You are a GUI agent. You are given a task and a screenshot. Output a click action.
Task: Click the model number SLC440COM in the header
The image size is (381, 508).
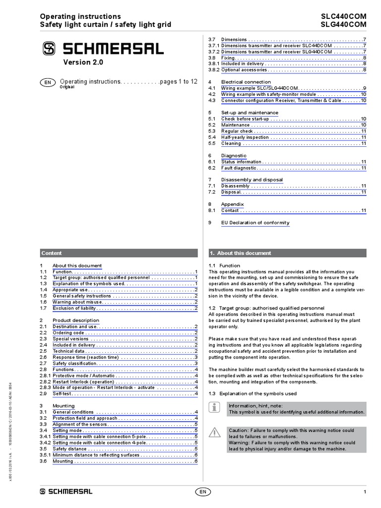click(x=344, y=16)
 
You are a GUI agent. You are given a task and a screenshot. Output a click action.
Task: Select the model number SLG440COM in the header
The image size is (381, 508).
click(x=344, y=24)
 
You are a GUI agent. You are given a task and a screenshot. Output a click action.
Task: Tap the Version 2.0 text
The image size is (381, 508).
click(x=83, y=63)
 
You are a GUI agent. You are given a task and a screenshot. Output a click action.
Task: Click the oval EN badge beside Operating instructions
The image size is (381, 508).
click(x=47, y=82)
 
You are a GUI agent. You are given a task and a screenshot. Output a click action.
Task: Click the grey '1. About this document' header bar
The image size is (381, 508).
click(x=287, y=253)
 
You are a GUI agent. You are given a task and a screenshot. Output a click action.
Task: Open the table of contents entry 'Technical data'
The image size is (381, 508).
click(x=69, y=351)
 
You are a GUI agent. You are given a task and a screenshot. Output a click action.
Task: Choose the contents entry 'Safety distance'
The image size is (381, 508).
click(x=70, y=448)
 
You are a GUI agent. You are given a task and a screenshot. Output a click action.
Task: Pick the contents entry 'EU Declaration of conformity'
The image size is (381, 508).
click(x=255, y=223)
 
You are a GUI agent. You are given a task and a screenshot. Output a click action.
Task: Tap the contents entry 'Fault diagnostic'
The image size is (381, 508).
click(x=239, y=168)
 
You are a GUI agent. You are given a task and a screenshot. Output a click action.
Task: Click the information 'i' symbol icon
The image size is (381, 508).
click(x=214, y=408)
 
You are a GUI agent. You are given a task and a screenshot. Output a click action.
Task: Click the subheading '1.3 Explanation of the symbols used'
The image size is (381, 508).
click(x=253, y=393)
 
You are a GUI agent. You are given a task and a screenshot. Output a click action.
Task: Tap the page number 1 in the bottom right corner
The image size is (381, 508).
click(x=365, y=492)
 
